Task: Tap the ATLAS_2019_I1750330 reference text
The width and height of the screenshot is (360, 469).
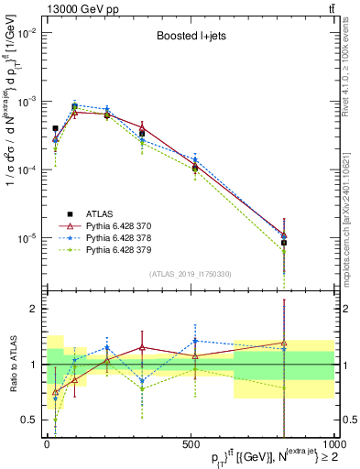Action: point(190,274)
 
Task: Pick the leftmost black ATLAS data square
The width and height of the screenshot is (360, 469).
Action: point(55,129)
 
